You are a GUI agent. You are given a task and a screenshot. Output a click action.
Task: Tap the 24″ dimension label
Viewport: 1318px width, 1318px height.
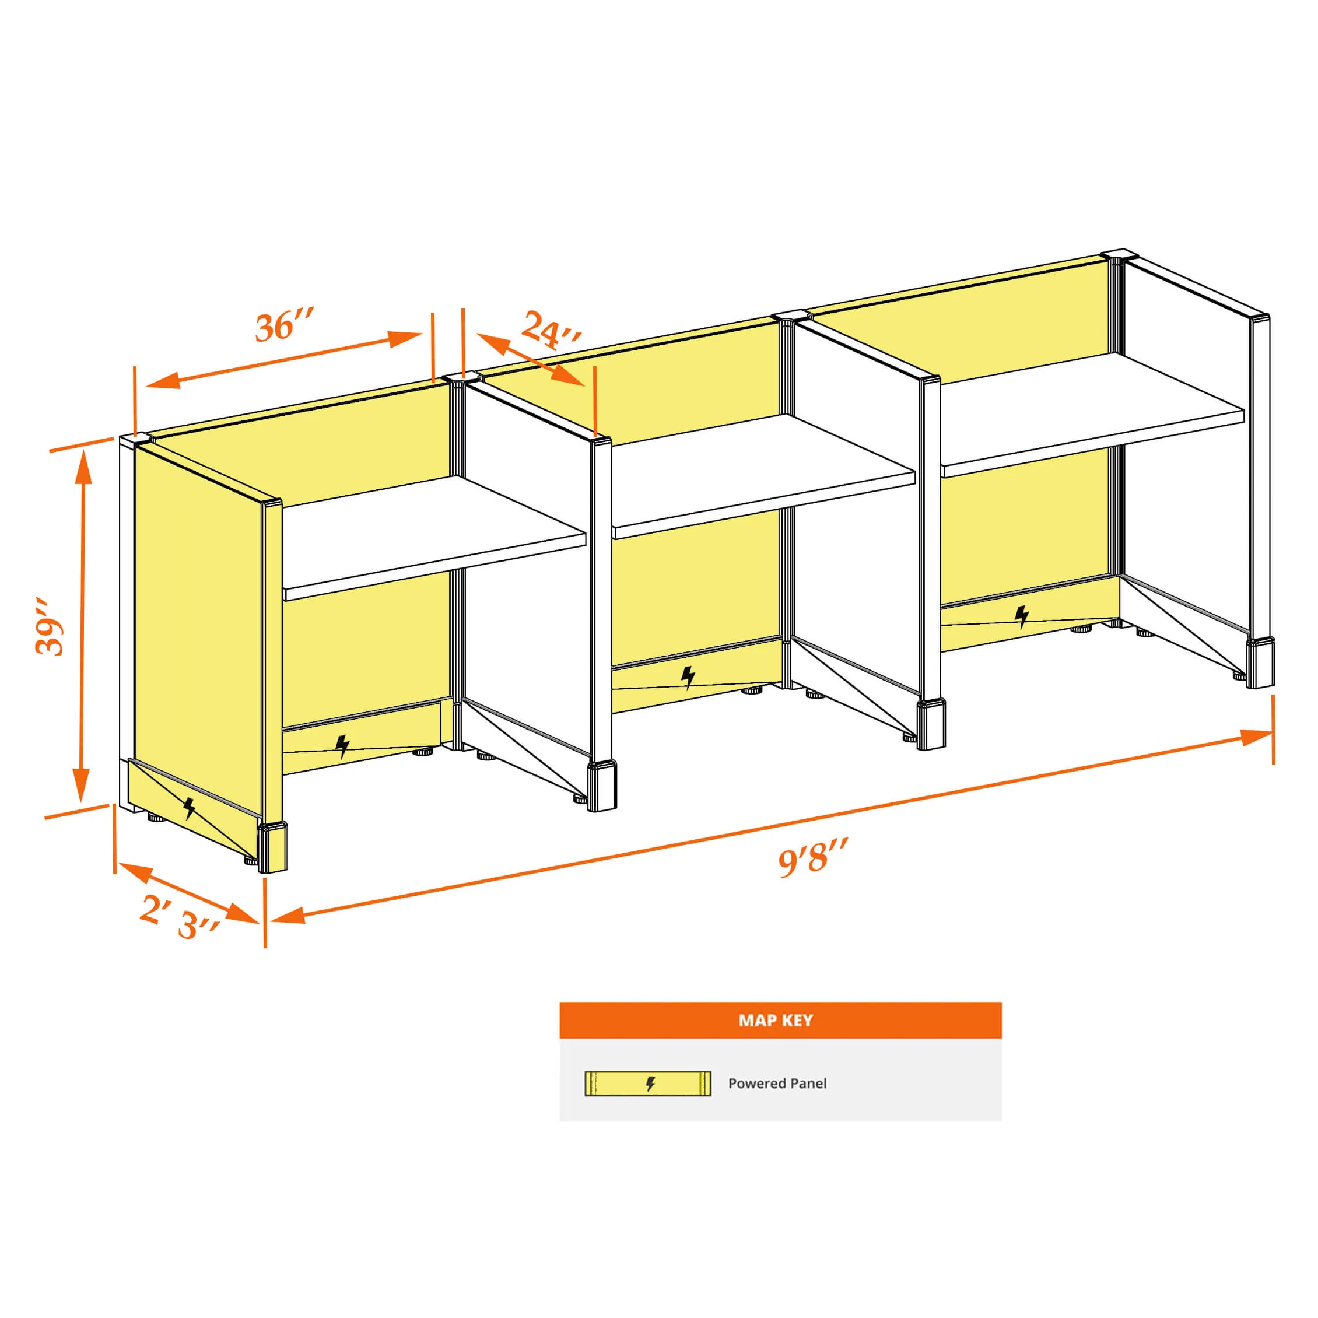point(551,330)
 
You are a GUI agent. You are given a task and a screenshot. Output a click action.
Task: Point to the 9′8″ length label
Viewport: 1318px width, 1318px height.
point(813,857)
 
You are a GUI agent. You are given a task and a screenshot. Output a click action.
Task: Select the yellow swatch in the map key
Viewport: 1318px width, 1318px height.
point(647,1084)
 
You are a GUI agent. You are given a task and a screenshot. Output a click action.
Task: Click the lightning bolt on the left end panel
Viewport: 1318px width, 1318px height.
point(190,808)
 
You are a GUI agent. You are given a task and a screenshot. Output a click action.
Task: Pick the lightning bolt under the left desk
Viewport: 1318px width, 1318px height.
point(342,746)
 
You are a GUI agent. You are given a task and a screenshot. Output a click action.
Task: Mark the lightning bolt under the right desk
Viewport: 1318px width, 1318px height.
point(1021,616)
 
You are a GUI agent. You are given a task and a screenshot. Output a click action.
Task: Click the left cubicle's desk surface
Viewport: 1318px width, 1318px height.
point(434,538)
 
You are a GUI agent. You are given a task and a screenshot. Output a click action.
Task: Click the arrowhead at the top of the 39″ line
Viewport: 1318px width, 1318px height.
point(83,466)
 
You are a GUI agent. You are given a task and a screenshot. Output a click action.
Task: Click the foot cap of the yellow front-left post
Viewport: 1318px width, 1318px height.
point(273,847)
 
